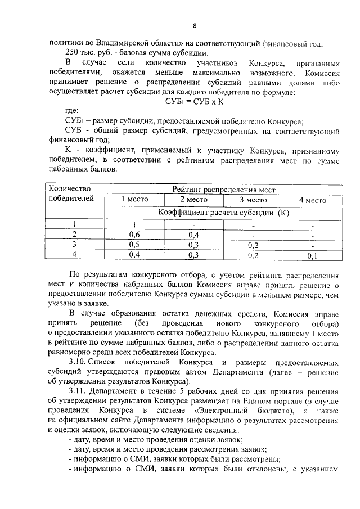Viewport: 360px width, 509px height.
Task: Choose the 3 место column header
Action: click(x=253, y=200)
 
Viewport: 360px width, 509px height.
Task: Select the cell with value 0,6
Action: click(x=134, y=235)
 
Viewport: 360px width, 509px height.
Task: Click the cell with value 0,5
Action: click(x=134, y=245)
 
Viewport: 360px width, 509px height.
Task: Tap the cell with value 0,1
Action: click(x=313, y=256)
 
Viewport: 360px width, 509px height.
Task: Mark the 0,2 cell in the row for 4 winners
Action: click(x=253, y=255)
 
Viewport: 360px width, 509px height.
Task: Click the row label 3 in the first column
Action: click(x=73, y=245)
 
